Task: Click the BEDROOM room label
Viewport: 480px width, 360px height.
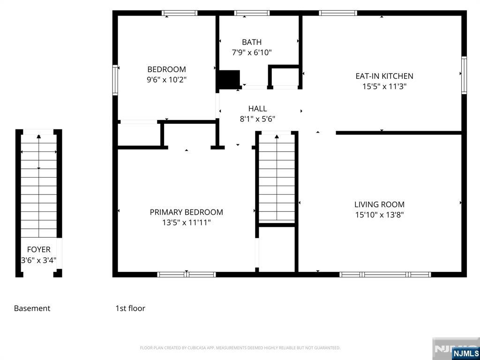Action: (166, 69)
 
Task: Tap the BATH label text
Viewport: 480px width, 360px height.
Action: (252, 42)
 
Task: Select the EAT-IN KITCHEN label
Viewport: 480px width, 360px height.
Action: (384, 76)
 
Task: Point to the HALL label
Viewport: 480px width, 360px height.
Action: (257, 108)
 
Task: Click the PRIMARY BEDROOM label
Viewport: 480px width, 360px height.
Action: (187, 212)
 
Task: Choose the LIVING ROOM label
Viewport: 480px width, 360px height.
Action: (379, 204)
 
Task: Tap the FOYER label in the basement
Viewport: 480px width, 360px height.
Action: (38, 249)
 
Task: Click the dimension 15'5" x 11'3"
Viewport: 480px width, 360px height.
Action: (384, 87)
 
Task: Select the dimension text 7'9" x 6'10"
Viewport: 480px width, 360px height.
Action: (252, 52)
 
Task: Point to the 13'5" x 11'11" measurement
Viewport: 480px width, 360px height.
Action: (187, 223)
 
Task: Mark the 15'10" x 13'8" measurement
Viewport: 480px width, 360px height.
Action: (379, 215)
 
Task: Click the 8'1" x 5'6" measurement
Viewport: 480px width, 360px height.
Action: (257, 119)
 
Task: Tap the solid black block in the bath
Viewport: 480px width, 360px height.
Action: (228, 79)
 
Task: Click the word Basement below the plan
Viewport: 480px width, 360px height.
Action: (32, 308)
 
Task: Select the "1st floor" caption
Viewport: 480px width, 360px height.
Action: (130, 308)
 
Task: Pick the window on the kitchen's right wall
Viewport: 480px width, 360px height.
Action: (464, 75)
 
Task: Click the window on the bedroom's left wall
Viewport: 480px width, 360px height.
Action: (115, 80)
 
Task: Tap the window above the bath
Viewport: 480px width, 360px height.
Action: (252, 13)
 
